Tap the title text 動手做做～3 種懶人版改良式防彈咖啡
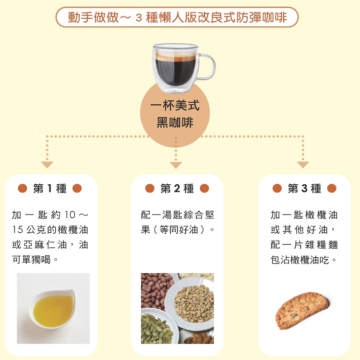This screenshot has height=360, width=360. (177, 17)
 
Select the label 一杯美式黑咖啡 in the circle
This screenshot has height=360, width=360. (175, 114)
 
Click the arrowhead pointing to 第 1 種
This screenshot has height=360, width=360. (47, 164)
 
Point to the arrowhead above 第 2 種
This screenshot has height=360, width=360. (176, 165)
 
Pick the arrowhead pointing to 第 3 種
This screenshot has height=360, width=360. (303, 164)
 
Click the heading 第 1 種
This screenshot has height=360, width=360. (50, 189)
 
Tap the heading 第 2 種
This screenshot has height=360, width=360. (177, 189)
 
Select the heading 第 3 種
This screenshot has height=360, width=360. (304, 189)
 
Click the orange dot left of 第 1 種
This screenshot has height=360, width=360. (23, 188)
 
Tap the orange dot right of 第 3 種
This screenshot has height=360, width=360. (332, 188)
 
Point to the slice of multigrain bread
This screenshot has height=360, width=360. (302, 310)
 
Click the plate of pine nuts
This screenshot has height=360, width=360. (191, 303)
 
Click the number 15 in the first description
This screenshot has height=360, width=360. (17, 229)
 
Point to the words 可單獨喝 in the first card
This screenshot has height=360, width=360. (31, 260)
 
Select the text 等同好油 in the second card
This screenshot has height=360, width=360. (179, 229)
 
